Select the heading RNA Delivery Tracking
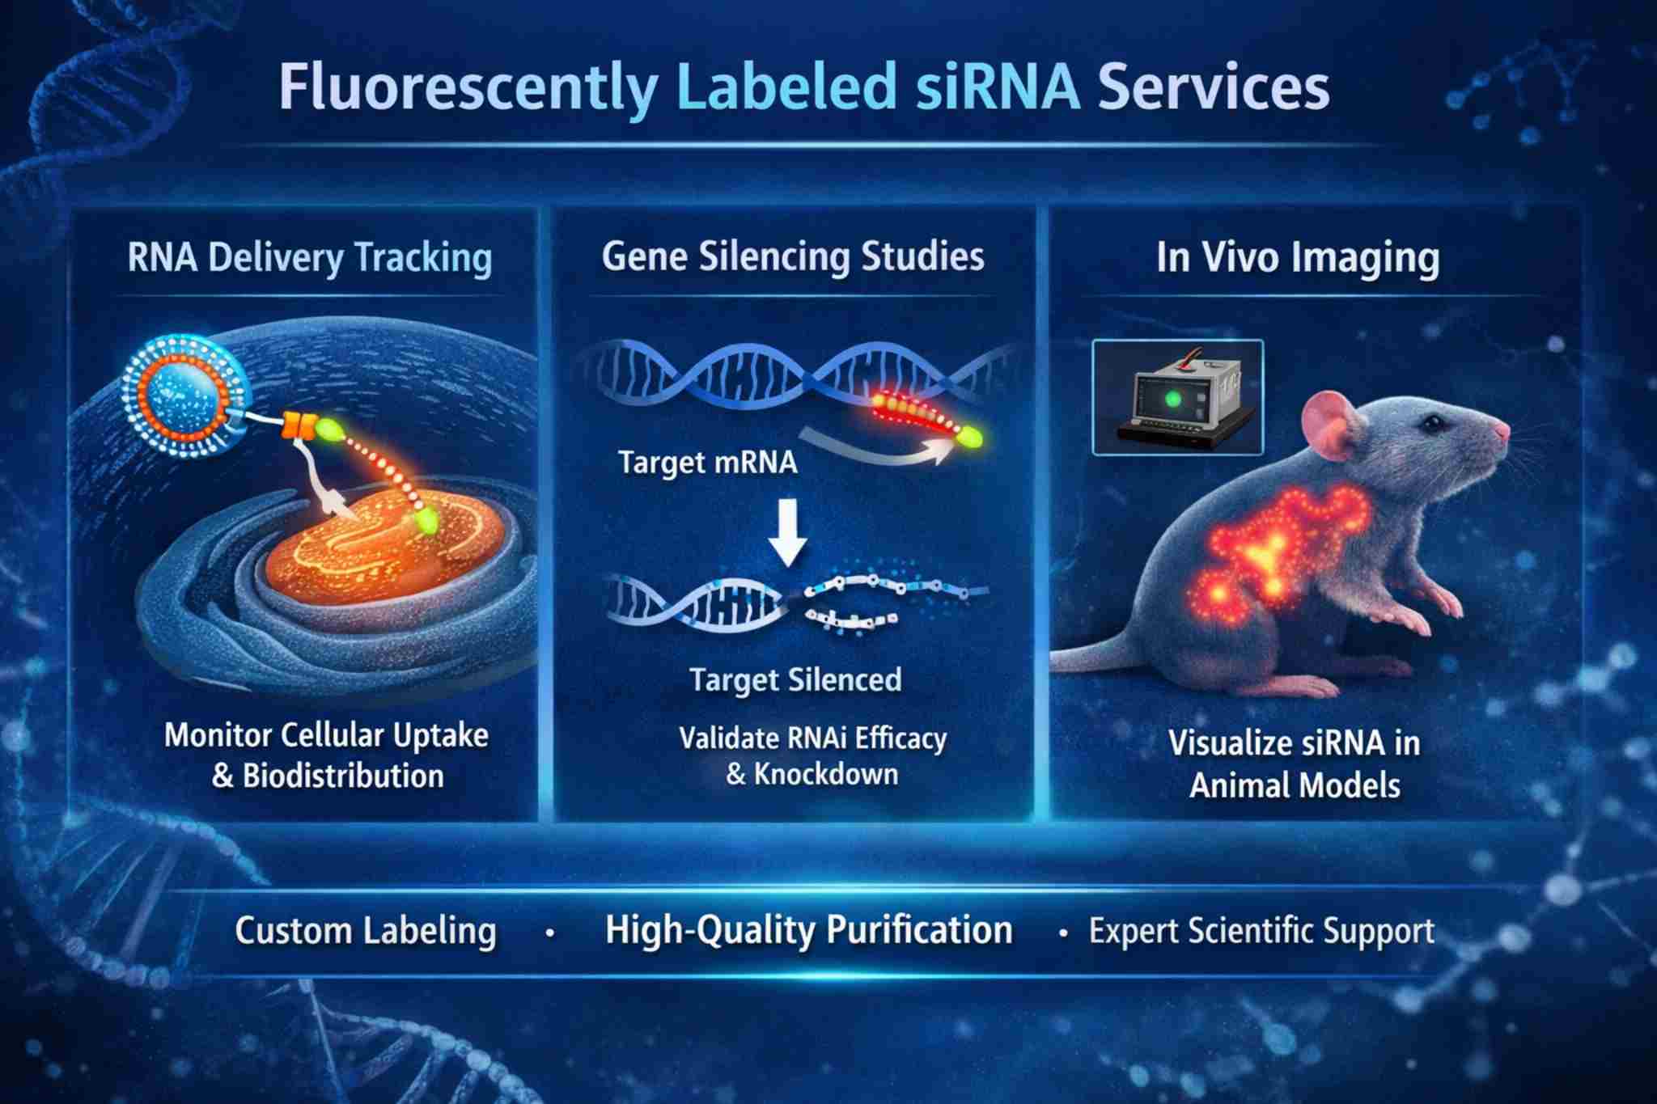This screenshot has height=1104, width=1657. [x=310, y=258]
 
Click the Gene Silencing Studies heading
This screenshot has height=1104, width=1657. [x=793, y=256]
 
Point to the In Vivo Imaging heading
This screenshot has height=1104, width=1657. [x=1298, y=258]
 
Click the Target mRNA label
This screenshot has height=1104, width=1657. [x=708, y=463]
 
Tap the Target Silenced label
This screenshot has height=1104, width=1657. [x=795, y=680]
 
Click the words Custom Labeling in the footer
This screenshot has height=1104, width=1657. [x=366, y=931]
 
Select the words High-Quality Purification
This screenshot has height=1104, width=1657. [x=808, y=930]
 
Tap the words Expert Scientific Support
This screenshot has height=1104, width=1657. [x=1261, y=931]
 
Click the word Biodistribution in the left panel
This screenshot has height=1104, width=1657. [x=343, y=776]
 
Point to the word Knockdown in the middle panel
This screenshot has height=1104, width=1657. [x=825, y=774]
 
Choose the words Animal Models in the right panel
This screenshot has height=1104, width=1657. [x=1295, y=785]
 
